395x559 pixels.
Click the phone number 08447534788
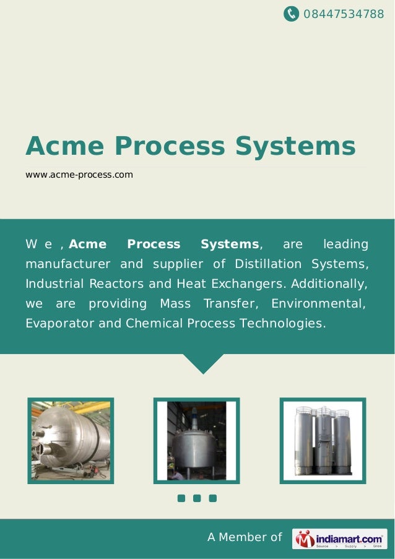coord(344,13)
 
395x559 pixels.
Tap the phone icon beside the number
coord(291,13)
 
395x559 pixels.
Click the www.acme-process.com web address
coord(79,175)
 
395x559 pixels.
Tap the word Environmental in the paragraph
coord(319,304)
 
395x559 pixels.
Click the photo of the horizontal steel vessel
coord(70,441)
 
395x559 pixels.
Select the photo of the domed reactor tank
coord(196,441)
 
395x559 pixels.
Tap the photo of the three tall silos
coord(323,441)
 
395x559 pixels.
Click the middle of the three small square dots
coord(197,498)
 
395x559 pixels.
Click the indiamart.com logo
coord(339,539)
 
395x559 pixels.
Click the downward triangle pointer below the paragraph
coord(203,364)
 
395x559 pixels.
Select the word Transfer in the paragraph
coord(228,304)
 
